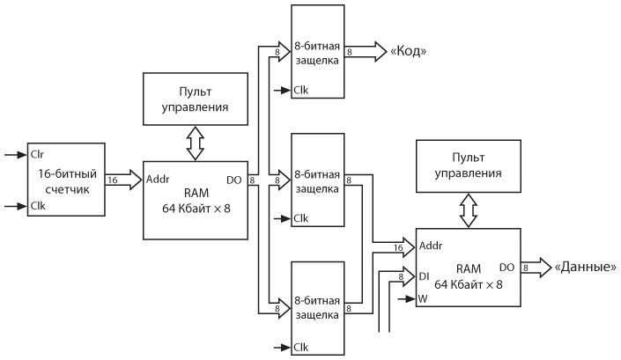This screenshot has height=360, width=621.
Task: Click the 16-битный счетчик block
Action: point(67,180)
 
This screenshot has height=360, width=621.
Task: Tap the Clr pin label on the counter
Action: point(38,154)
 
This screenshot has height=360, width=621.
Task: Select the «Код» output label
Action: point(408,51)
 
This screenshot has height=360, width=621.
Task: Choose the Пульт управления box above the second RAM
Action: point(469,165)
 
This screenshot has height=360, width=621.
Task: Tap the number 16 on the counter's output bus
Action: point(113,180)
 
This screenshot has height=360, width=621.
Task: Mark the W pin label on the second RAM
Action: point(422,299)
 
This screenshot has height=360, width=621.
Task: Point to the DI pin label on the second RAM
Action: point(423,276)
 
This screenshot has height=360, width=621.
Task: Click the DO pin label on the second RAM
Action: point(506,266)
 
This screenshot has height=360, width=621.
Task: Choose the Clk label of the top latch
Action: point(301,89)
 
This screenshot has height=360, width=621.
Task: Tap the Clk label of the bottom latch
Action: point(301,346)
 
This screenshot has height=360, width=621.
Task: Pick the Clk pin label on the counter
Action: point(38,207)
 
